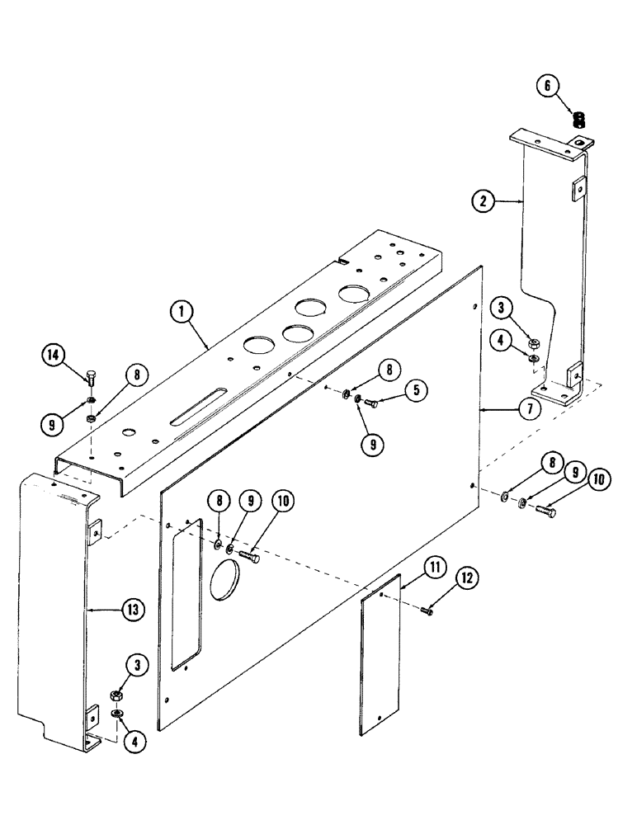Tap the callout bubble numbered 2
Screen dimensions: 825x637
tap(484, 200)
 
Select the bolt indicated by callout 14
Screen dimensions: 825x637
tap(90, 380)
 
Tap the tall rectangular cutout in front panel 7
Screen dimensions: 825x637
tap(186, 592)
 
